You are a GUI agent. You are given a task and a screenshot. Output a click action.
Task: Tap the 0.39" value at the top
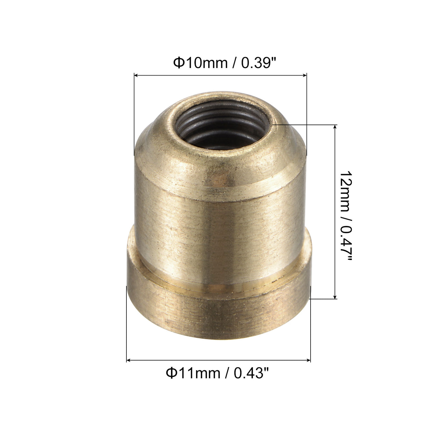259,63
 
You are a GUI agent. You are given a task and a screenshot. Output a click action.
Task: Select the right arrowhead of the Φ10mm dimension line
305,75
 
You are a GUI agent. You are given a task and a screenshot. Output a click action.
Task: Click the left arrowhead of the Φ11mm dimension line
128,360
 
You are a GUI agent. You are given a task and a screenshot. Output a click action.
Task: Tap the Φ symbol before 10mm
178,63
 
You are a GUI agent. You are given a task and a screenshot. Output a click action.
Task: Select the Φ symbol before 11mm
171,373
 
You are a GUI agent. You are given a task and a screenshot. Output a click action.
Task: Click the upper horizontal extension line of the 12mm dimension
306,124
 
